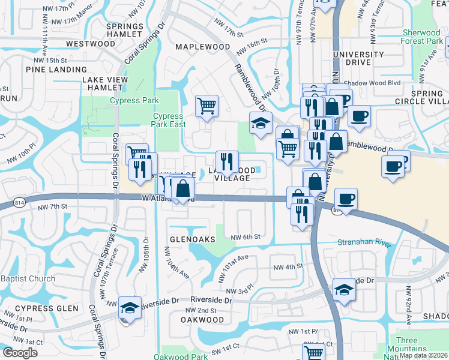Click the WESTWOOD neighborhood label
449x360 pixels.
click(x=91, y=44)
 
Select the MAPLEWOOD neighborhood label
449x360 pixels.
click(x=202, y=46)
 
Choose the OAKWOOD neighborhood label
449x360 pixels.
click(x=202, y=320)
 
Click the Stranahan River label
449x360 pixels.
click(x=364, y=243)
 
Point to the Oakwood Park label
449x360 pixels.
click(x=180, y=356)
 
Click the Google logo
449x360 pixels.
click(x=20, y=353)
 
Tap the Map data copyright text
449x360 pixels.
click(x=423, y=355)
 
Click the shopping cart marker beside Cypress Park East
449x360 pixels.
click(x=206, y=106)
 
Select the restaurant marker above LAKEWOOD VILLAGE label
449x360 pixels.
click(x=226, y=161)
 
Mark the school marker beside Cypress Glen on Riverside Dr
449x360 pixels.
click(x=130, y=308)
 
